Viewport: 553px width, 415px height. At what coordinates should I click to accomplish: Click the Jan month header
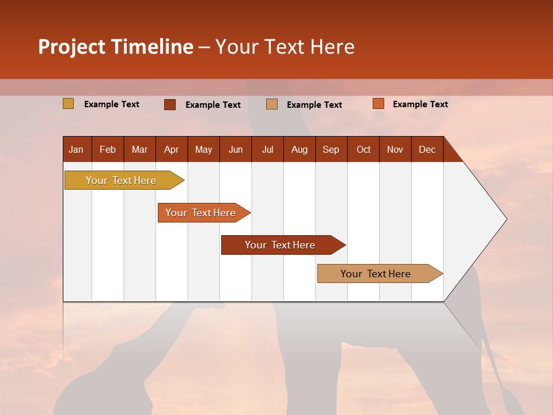tap(77, 149)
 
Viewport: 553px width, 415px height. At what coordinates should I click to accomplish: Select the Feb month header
tap(108, 149)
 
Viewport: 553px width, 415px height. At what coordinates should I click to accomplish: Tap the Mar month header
tap(139, 149)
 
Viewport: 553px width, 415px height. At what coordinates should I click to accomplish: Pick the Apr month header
tap(172, 149)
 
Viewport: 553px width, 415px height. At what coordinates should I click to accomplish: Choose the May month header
tap(203, 149)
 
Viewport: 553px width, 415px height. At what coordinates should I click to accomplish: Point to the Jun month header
tap(236, 149)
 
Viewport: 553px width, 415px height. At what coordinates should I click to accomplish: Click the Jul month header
tap(267, 149)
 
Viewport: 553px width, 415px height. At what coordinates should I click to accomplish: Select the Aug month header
tap(300, 149)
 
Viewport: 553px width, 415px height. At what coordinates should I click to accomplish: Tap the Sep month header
tap(331, 149)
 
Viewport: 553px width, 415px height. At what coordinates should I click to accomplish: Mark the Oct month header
tap(363, 149)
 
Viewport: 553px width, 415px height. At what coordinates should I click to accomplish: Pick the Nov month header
tap(395, 149)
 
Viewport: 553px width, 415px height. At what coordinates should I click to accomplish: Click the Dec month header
tap(427, 149)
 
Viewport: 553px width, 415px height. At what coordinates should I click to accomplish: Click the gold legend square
tap(69, 104)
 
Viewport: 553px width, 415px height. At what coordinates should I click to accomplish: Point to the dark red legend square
tap(170, 104)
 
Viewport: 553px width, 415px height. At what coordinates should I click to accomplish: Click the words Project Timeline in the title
tap(116, 47)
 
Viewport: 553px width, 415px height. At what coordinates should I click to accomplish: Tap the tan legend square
tap(272, 104)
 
